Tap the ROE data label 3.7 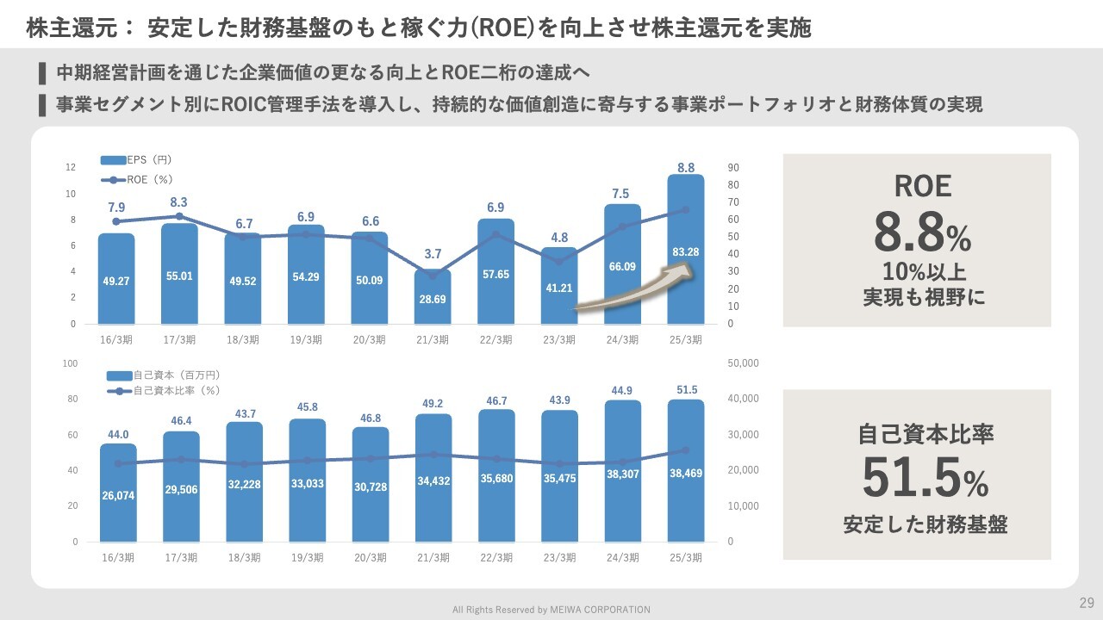(x=433, y=254)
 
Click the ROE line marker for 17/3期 (x=179, y=216)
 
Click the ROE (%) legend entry (x=137, y=179)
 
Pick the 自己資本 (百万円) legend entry (x=164, y=375)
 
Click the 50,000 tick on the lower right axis (x=743, y=363)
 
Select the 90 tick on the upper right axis (x=733, y=167)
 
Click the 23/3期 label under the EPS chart (x=559, y=340)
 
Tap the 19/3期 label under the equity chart (x=307, y=558)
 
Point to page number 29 (x=1086, y=601)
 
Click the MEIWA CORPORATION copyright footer (x=551, y=610)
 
